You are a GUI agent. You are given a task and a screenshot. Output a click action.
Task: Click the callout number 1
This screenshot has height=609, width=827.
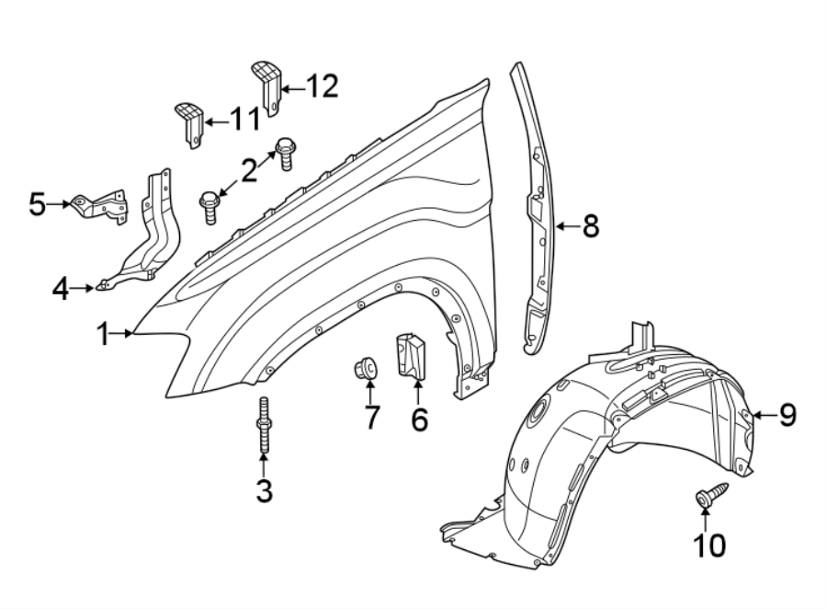pos(105,334)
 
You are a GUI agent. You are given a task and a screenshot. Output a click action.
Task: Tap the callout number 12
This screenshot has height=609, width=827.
pos(322,86)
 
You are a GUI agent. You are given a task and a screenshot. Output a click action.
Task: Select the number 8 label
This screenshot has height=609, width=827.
pos(591,225)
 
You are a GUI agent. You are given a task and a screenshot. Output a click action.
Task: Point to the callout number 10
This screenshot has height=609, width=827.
pos(708,546)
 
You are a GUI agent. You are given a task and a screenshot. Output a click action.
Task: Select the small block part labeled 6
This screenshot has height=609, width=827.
pos(413,356)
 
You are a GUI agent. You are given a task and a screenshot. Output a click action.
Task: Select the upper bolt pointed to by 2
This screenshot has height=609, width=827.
pos(285,152)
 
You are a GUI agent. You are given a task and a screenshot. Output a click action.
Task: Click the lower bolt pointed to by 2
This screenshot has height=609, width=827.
pos(210,203)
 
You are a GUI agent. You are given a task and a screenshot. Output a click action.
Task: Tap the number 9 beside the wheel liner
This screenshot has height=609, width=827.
pos(787,416)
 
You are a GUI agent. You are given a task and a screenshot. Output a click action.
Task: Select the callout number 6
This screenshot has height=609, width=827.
pos(419,419)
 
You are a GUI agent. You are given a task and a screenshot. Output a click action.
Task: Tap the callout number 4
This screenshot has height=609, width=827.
pos(61,290)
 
